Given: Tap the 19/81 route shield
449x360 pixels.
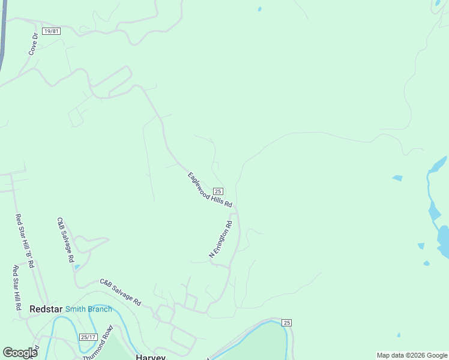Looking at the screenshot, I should coord(52,31).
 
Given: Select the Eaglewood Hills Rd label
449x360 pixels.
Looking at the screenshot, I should coord(209,190).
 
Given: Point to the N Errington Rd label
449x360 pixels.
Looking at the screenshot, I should coord(220,240).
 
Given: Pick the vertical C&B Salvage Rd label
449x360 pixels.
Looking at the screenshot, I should coord(65,241).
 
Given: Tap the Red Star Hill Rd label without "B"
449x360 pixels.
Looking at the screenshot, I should coord(16,288).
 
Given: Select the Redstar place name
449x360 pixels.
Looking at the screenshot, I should coord(46,309).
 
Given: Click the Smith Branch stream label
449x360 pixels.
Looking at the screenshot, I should coord(88,309).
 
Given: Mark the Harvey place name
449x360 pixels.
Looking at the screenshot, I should coord(151,356).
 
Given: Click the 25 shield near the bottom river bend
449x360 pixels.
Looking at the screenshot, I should coord(287,323).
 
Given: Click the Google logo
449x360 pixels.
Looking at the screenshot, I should coord(20,353).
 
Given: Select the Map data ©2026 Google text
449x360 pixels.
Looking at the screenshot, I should coord(412,355).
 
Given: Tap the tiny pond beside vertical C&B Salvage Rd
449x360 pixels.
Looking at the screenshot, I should coord(77,266).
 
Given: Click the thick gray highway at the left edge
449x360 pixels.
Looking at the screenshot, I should coord(3,36).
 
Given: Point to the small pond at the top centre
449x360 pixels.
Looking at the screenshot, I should coord(259,9).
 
